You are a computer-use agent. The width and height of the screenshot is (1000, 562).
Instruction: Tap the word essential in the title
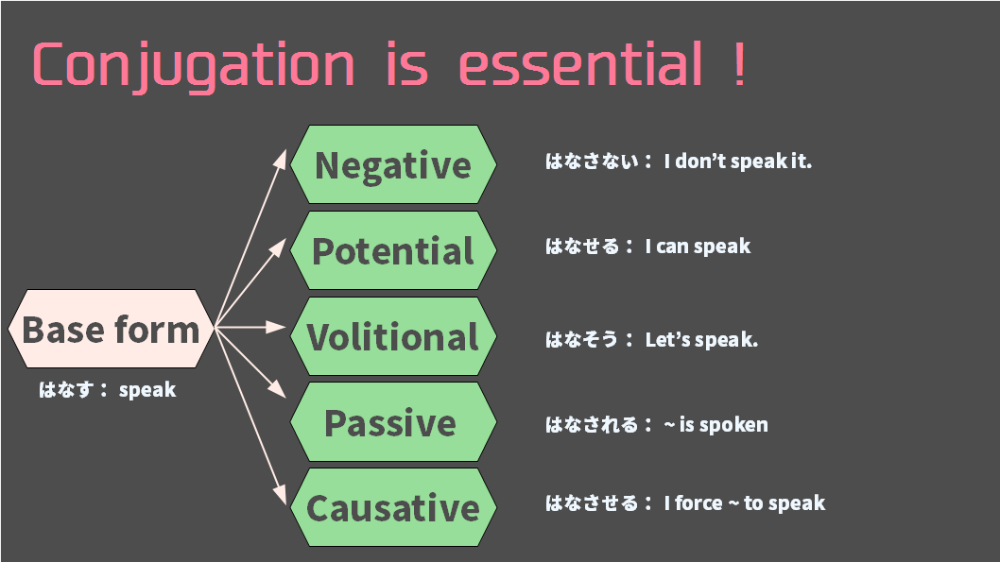tap(580, 63)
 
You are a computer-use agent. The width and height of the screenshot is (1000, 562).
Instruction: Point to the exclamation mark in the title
tap(739, 63)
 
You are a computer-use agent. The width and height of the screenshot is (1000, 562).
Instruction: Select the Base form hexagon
tap(111, 329)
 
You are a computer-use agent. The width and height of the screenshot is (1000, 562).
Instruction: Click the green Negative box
tap(393, 164)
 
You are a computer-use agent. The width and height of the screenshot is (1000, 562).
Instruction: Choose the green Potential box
tap(393, 250)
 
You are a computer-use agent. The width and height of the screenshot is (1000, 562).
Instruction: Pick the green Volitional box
tap(393, 336)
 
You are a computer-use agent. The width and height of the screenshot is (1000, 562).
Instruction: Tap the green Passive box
tap(393, 422)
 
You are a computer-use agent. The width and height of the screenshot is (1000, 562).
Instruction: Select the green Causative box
tap(393, 508)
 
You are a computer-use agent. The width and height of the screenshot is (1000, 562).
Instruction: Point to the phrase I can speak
tap(698, 247)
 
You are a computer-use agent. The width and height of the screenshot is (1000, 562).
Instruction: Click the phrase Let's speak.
tap(701, 340)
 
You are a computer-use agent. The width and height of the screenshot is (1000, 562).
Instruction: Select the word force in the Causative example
tap(699, 503)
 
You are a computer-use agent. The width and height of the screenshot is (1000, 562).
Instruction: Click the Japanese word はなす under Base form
tap(66, 389)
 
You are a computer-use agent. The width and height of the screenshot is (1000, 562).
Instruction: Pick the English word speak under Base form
tap(147, 390)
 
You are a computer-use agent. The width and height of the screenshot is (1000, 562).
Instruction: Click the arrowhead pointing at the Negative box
tap(280, 158)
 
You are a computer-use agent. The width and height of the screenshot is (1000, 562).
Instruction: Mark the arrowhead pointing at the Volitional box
tap(276, 327)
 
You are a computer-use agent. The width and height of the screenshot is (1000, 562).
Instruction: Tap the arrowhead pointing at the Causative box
tap(280, 496)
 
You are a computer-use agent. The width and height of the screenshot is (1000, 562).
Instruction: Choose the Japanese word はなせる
tap(582, 247)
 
